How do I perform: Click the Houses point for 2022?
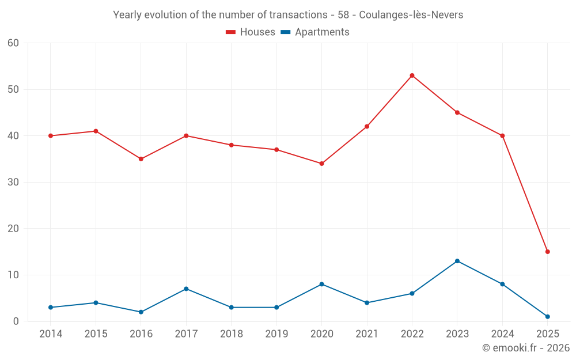pos(412,75)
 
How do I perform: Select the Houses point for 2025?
pos(547,252)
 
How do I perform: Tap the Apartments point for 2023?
pos(457,261)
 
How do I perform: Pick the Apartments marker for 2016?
pos(141,312)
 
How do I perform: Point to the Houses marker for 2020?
pos(321,164)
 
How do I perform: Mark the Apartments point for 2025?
pos(547,317)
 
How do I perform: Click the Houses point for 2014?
pos(51,136)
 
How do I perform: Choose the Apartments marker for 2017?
pos(186,289)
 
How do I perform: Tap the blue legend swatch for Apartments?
pos(285,32)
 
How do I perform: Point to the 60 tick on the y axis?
pos(13,43)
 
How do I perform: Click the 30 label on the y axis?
pos(13,182)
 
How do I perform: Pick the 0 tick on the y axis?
pos(16,321)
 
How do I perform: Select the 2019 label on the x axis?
pos(276,334)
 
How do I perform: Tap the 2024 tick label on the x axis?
pos(502,334)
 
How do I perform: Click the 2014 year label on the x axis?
pos(51,334)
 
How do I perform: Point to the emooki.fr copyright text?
pos(526,348)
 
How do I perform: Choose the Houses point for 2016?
pos(141,159)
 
